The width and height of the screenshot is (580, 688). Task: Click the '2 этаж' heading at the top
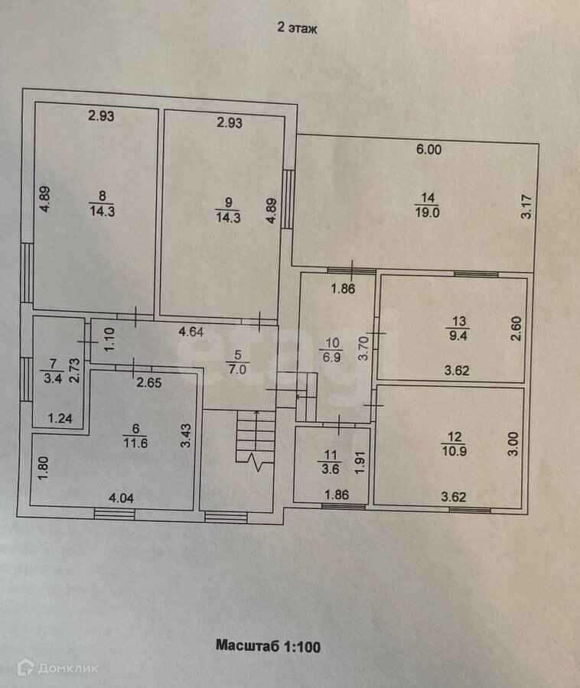(x=296, y=28)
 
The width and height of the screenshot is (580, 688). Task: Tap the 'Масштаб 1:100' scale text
(x=267, y=646)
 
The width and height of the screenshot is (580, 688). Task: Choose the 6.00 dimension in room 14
(x=428, y=151)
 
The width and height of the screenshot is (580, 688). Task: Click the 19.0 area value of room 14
(x=427, y=213)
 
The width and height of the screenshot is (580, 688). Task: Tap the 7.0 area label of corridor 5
(x=239, y=367)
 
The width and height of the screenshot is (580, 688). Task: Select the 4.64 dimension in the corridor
(x=191, y=332)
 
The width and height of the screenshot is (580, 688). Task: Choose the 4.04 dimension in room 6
(x=123, y=498)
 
